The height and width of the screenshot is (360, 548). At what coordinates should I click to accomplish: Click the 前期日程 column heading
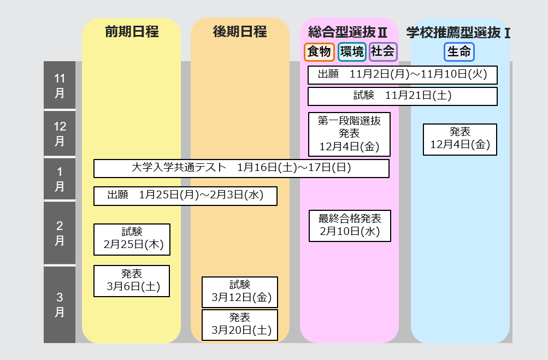(x=132, y=32)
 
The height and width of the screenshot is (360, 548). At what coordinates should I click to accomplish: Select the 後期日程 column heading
(x=240, y=32)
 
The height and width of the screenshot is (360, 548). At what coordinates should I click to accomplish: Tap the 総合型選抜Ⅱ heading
(x=347, y=32)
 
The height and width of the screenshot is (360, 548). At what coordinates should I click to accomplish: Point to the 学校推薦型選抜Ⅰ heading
(x=458, y=33)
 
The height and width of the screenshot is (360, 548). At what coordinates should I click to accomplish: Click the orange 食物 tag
(x=319, y=52)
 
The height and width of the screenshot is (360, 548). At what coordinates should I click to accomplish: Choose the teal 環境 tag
(x=352, y=52)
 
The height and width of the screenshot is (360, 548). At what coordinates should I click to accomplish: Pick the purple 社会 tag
(x=383, y=52)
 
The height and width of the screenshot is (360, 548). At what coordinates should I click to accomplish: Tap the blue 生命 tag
(x=459, y=52)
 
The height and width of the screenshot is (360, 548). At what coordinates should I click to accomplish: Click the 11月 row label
(x=60, y=85)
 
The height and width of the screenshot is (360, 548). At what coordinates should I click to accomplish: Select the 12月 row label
(x=60, y=133)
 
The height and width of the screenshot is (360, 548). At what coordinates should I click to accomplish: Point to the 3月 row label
(x=60, y=304)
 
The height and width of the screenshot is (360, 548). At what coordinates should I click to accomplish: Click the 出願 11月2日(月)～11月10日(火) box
(x=402, y=75)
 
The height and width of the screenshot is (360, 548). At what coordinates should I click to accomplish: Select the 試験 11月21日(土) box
(x=402, y=96)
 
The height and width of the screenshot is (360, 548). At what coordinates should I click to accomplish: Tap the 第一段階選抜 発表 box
(x=349, y=134)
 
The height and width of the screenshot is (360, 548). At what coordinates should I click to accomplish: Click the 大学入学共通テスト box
(x=241, y=168)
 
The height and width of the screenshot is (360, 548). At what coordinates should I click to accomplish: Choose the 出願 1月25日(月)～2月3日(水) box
(x=185, y=196)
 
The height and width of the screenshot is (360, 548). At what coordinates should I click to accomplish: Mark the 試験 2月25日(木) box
(x=132, y=239)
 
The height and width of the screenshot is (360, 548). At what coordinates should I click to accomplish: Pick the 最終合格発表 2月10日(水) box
(x=350, y=226)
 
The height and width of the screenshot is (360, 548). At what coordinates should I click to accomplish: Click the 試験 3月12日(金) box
(x=240, y=292)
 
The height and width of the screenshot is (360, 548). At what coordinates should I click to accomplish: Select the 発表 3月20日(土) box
(x=240, y=324)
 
